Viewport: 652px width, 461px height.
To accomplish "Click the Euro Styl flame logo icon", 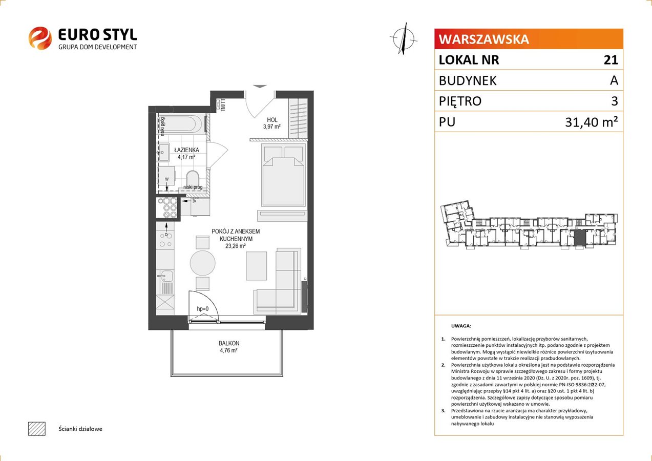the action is [x=40, y=38].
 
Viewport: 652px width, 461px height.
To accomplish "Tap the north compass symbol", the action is [x=404, y=39].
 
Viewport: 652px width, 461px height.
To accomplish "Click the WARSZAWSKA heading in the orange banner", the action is [x=484, y=39].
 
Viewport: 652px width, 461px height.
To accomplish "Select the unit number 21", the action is [x=611, y=60].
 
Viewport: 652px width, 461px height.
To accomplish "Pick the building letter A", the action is [x=614, y=80].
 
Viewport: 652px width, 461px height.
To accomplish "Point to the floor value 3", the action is [x=615, y=101].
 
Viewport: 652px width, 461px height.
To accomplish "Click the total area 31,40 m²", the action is [x=591, y=122].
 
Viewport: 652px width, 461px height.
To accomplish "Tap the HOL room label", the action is [x=272, y=120].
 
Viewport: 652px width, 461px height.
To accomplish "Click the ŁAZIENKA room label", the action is [x=186, y=150].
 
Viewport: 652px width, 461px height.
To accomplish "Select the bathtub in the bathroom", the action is [x=179, y=123].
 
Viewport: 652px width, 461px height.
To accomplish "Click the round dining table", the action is [x=203, y=263].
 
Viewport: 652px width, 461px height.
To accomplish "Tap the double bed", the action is [x=284, y=175].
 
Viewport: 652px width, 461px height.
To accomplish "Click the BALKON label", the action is [x=229, y=343].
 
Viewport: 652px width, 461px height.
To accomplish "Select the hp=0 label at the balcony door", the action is [x=203, y=309].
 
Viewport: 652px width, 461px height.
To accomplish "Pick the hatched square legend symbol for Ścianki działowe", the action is [x=37, y=429].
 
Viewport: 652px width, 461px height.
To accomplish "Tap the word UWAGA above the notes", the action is [x=461, y=326].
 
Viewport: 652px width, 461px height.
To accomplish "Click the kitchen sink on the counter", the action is [x=166, y=276].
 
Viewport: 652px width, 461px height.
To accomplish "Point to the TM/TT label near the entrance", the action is [x=223, y=106].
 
